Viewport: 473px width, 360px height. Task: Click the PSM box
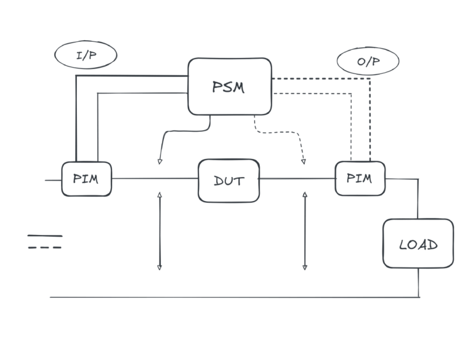click(x=229, y=86)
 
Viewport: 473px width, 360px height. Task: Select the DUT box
click(x=228, y=180)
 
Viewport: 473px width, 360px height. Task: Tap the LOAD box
click(x=418, y=243)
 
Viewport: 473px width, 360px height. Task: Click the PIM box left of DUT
click(x=86, y=179)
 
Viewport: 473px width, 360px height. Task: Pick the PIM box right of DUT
click(x=360, y=178)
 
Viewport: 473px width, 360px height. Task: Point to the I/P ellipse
click(x=86, y=55)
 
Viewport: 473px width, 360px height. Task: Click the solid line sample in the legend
click(x=44, y=235)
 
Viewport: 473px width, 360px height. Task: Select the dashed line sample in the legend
click(x=44, y=247)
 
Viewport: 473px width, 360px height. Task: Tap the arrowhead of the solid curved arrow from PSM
click(x=160, y=162)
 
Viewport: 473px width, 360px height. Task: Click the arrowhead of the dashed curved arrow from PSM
click(x=304, y=162)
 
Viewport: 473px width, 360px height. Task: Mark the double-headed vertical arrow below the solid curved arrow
click(x=160, y=231)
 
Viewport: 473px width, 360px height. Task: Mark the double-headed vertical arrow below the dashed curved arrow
click(x=305, y=231)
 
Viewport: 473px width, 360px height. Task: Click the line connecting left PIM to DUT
click(x=154, y=179)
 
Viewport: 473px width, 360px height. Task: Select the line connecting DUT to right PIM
click(x=297, y=179)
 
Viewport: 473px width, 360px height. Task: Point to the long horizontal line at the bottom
click(x=234, y=297)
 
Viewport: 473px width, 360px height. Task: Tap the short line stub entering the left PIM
click(x=53, y=180)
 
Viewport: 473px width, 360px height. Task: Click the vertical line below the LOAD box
click(x=419, y=282)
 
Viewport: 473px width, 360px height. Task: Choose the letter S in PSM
click(x=228, y=87)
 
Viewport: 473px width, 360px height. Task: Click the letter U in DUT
click(x=228, y=181)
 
